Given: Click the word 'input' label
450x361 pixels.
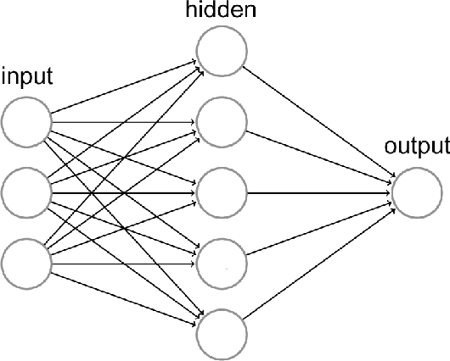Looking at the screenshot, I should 27,77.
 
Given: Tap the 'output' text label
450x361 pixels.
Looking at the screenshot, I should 416,147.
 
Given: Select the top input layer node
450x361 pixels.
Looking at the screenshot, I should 25,120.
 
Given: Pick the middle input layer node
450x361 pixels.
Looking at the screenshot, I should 25,192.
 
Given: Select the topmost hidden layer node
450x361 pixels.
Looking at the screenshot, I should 222,49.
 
